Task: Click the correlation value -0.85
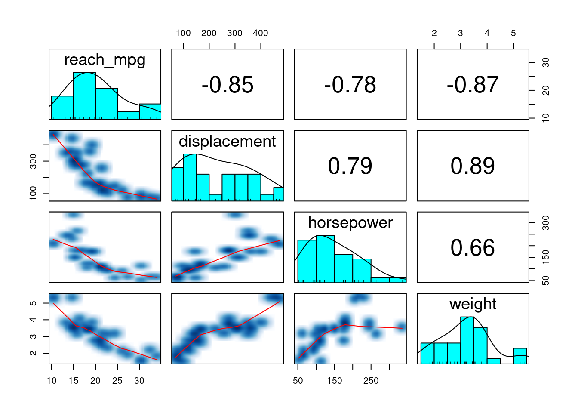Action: [228, 85]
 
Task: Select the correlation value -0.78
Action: [350, 85]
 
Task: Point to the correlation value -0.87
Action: [473, 85]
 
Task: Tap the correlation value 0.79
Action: [350, 166]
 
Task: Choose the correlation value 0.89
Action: [473, 166]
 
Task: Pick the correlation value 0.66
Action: [473, 248]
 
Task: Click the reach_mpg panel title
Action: [105, 60]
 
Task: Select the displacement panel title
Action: [228, 142]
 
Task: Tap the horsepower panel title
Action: [350, 223]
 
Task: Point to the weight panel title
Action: [473, 304]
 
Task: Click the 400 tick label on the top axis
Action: [261, 33]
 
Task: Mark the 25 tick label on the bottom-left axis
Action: [117, 381]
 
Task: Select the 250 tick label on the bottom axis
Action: [371, 381]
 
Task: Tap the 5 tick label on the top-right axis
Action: [513, 33]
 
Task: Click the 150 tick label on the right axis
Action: [545, 257]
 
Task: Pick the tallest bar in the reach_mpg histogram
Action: [84, 96]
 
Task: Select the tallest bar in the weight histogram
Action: [467, 340]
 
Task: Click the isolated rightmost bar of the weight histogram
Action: [520, 356]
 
